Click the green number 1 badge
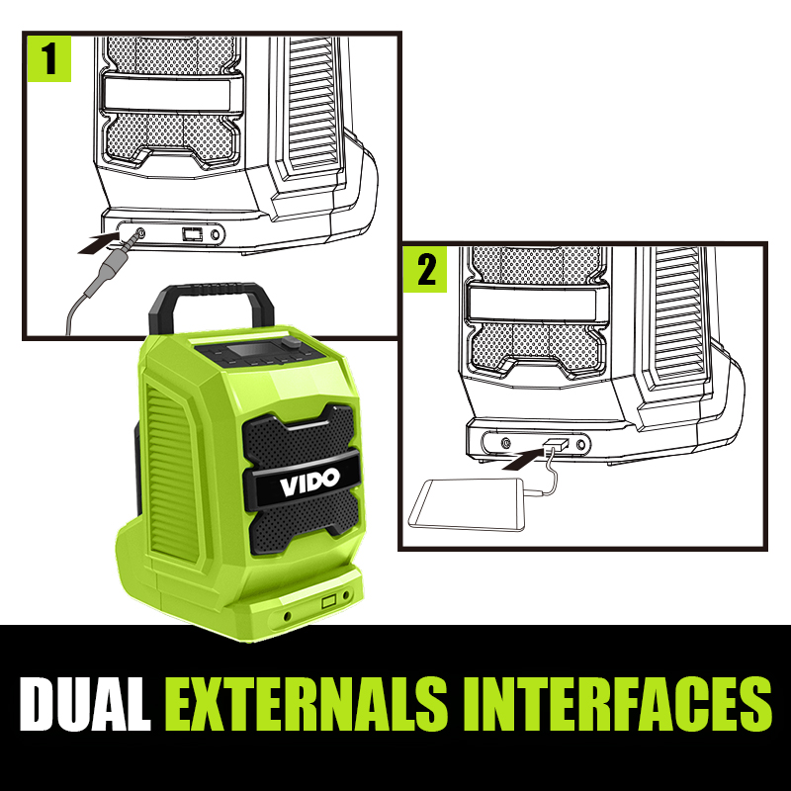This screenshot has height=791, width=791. click(48, 58)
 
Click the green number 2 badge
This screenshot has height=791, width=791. click(425, 269)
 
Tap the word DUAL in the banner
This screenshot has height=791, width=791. click(85, 704)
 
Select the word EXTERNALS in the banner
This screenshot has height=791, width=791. click(307, 704)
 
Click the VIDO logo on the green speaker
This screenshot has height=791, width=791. click(309, 482)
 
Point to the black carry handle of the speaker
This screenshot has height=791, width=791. click(212, 306)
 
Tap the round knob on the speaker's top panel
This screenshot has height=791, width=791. click(291, 341)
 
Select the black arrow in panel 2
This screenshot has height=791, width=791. click(524, 459)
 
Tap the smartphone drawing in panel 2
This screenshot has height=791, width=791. click(467, 505)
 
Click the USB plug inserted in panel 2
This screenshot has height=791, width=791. click(556, 446)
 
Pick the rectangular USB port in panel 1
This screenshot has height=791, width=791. click(192, 234)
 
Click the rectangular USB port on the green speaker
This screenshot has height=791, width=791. click(329, 602)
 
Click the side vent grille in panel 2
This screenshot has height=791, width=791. click(679, 312)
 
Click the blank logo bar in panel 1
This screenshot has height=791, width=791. click(166, 94)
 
